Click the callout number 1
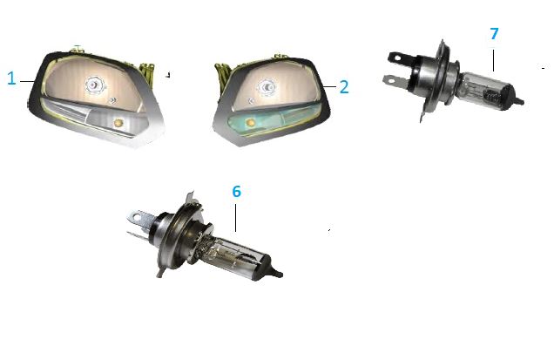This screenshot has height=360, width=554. coord(11,78)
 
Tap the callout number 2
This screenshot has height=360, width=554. coord(344,87)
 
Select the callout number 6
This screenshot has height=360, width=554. coord(236,191)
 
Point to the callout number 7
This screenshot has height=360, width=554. coord(494,34)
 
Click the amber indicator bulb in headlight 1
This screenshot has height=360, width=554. coord(118,123)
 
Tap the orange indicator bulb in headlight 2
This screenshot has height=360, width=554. coord(250,123)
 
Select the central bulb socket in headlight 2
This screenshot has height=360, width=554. coord(267,86)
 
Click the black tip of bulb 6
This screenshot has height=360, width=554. coord(277,273)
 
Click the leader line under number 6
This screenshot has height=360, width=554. coord(236,218)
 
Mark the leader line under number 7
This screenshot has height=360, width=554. coord(493,60)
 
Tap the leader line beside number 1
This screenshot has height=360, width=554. coord(27,81)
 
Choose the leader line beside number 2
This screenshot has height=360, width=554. coord(329,86)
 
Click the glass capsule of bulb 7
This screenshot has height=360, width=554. coord(487,91)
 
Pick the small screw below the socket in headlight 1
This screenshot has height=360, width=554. coord(113,101)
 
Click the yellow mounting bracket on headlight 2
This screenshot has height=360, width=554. coord(223,73)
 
